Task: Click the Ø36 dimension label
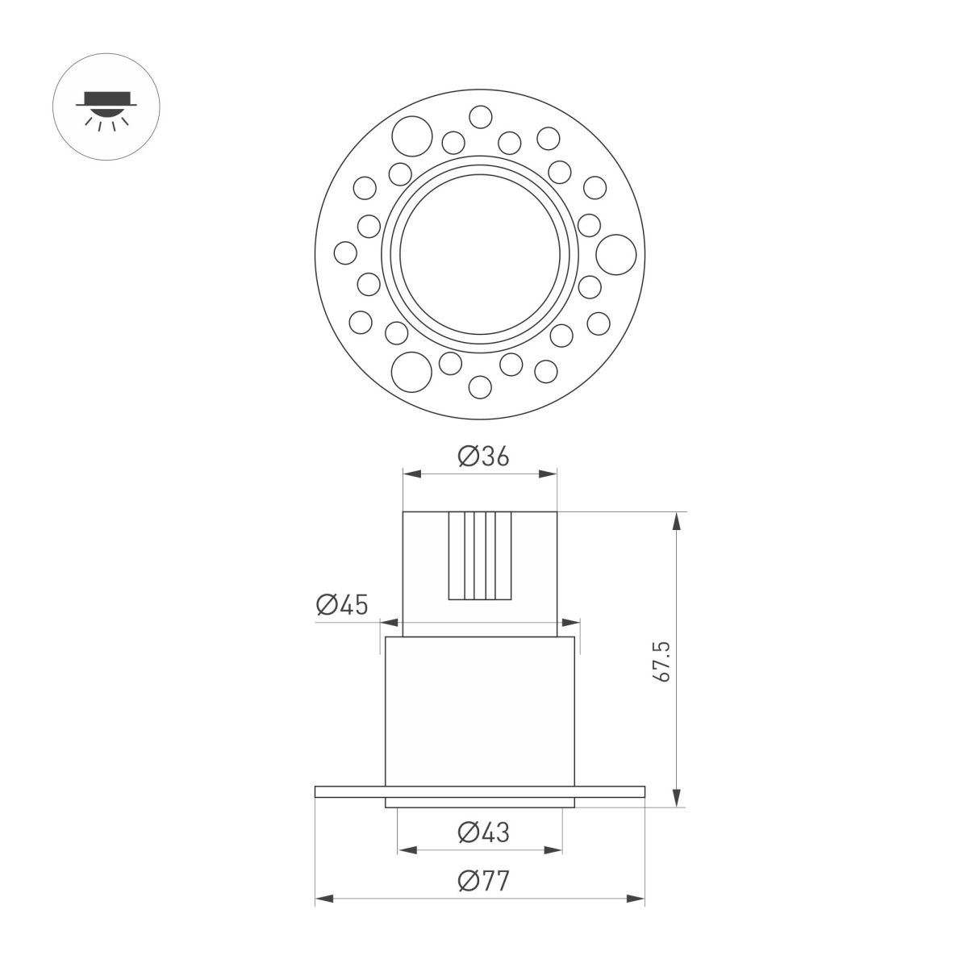pyautogui.click(x=484, y=457)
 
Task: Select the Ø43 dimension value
pyautogui.click(x=483, y=832)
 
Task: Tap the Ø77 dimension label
pyautogui.click(x=483, y=882)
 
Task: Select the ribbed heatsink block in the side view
pyautogui.click(x=481, y=556)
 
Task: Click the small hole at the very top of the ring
pyautogui.click(x=481, y=118)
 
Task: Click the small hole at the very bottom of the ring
pyautogui.click(x=481, y=388)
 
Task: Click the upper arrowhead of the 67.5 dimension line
pyautogui.click(x=676, y=520)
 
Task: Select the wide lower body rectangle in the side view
pyautogui.click(x=481, y=710)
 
